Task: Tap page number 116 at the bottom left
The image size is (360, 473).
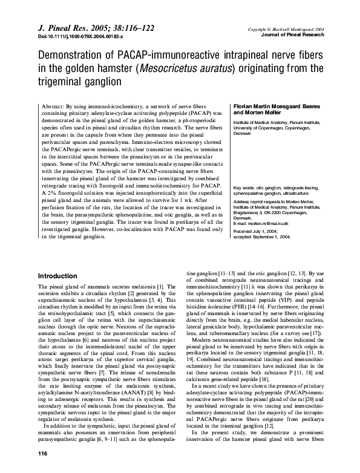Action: click(x=43, y=454)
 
